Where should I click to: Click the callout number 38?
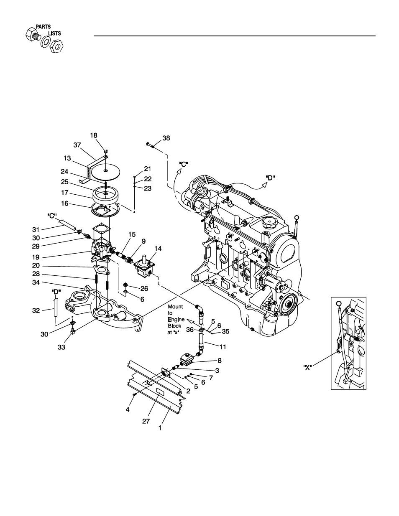[x=166, y=138]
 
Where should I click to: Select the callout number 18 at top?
[x=94, y=135]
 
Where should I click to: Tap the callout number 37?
[x=77, y=145]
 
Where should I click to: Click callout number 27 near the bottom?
[x=146, y=421]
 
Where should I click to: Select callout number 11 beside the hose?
[x=223, y=346]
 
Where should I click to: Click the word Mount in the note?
[x=176, y=307]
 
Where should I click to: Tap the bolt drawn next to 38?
[x=151, y=145]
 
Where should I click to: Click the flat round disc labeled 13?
[x=106, y=170]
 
